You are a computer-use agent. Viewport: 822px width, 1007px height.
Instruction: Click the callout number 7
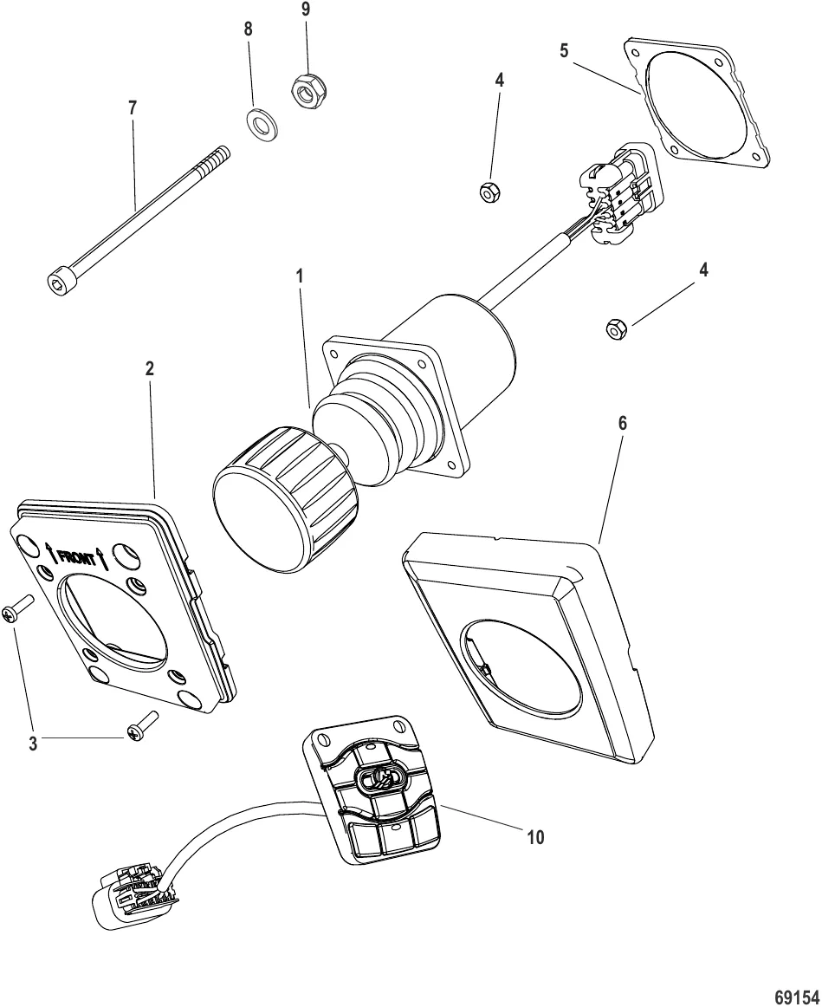click(x=132, y=107)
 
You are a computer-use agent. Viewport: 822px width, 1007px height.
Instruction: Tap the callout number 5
click(x=564, y=49)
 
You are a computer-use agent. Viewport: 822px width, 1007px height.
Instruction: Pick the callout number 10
click(x=536, y=837)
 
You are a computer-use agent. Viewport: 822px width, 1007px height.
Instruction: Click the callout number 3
click(x=33, y=744)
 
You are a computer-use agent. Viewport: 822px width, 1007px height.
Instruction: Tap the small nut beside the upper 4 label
click(x=488, y=191)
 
